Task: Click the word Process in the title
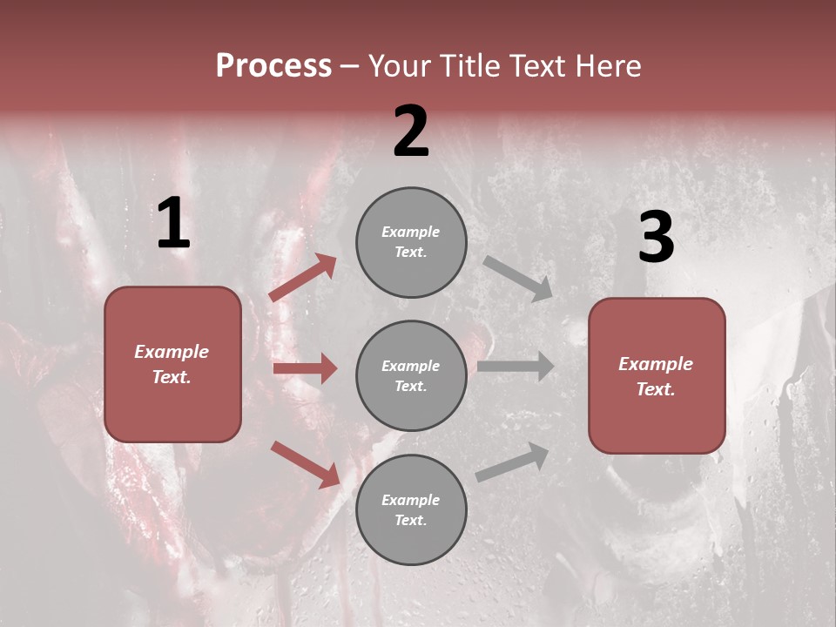click(273, 66)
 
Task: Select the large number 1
click(173, 225)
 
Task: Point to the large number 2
click(411, 131)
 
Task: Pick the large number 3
click(656, 238)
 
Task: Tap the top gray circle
click(411, 242)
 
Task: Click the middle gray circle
click(411, 375)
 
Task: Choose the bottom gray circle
click(411, 509)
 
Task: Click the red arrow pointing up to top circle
click(303, 278)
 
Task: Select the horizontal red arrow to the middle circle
click(305, 368)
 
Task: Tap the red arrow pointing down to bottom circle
click(305, 464)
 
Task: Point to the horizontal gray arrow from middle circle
click(516, 367)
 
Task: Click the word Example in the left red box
click(172, 352)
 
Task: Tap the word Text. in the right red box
click(656, 389)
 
